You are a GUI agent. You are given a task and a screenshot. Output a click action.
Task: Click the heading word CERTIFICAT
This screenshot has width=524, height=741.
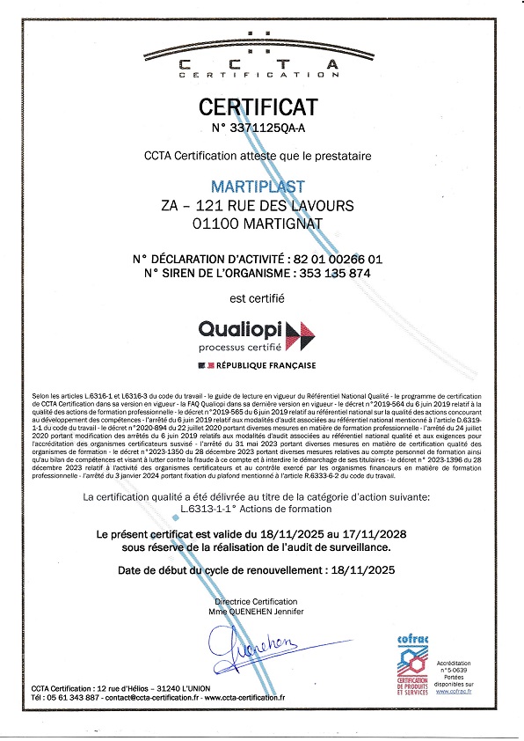point(258,108)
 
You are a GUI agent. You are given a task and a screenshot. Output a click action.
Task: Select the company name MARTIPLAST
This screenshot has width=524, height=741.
point(258,187)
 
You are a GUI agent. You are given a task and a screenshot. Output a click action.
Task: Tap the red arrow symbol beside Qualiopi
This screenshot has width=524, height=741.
point(301,332)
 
